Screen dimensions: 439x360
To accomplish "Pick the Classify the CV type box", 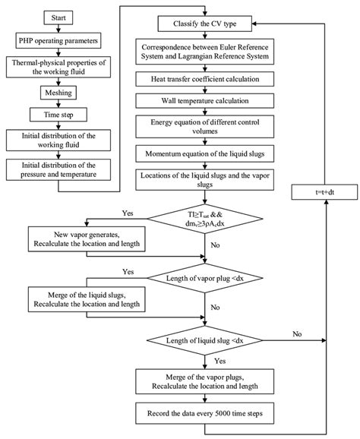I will [204, 22].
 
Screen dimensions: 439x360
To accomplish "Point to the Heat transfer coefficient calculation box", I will [204, 78].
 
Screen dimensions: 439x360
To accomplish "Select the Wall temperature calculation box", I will [204, 99].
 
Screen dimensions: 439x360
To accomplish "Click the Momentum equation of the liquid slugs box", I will [204, 153].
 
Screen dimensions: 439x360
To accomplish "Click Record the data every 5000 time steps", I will [204, 414].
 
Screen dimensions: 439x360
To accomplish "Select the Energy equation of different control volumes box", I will [204, 125].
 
